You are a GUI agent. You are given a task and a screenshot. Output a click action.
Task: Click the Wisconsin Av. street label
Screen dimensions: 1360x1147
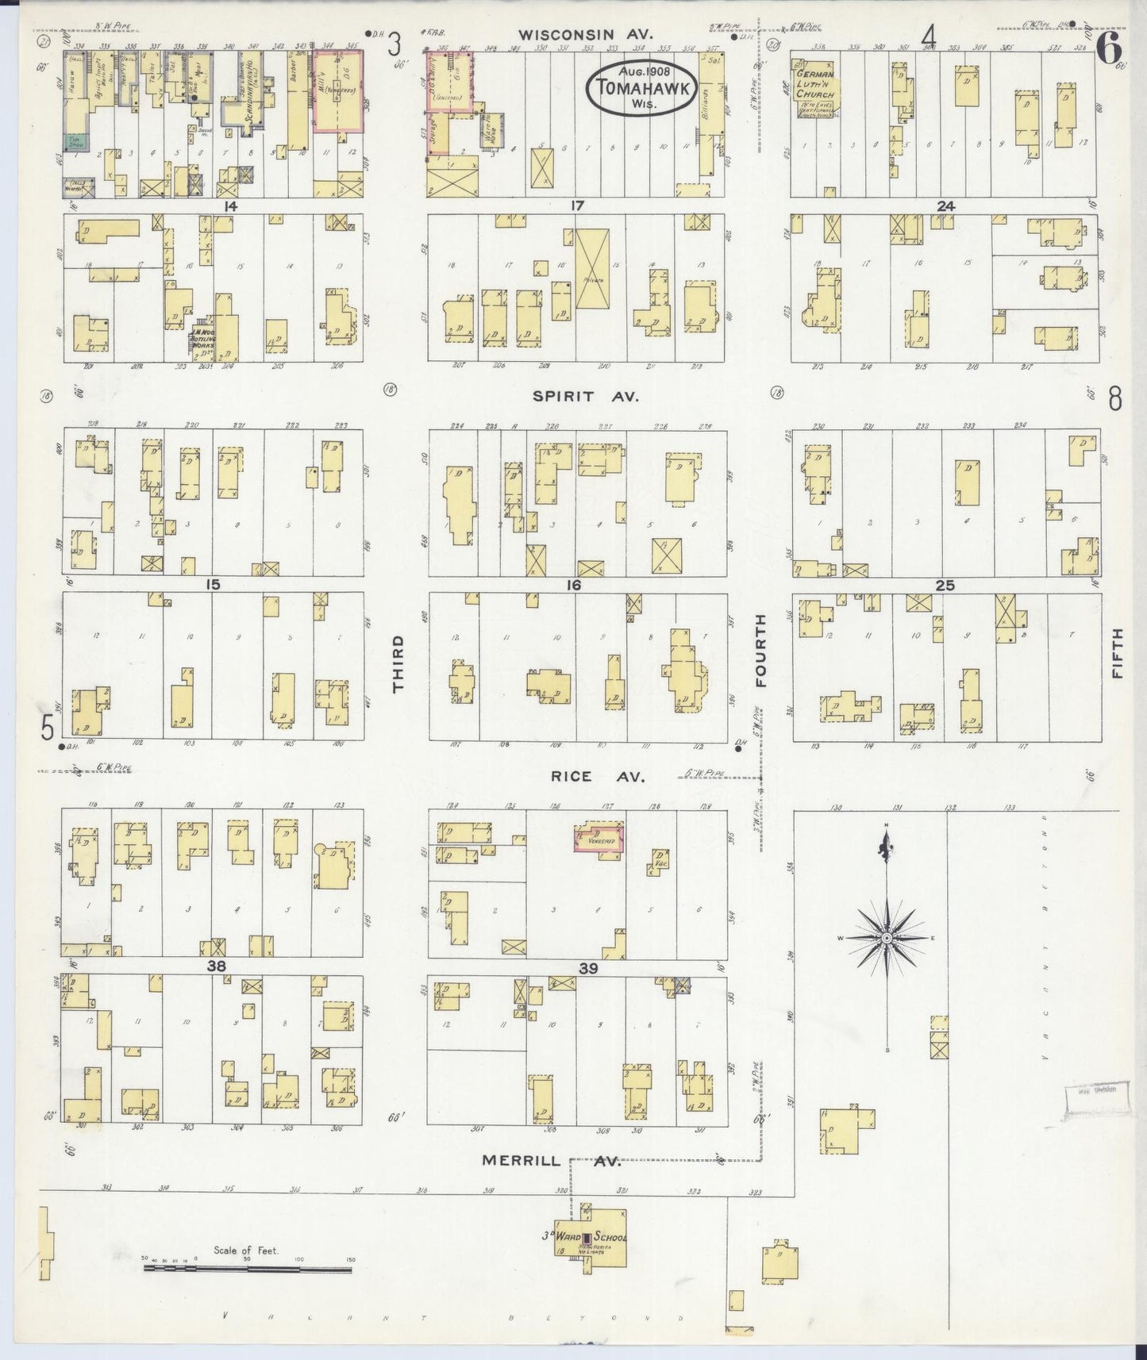pyautogui.click(x=585, y=34)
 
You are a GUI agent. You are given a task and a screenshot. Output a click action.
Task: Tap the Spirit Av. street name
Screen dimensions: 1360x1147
pyautogui.click(x=585, y=396)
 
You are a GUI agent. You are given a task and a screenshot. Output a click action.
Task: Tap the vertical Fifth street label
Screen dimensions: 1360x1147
pyautogui.click(x=1118, y=652)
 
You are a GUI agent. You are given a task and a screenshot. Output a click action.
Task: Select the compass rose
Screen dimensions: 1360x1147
pyautogui.click(x=886, y=938)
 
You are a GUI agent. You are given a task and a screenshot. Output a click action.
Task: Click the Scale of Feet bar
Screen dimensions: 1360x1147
pyautogui.click(x=248, y=1270)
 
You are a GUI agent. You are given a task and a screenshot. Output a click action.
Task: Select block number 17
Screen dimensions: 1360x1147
pyautogui.click(x=577, y=206)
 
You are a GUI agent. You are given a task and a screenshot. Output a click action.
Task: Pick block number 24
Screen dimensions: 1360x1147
pyautogui.click(x=945, y=206)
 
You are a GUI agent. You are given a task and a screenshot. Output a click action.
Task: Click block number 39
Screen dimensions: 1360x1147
pyautogui.click(x=588, y=968)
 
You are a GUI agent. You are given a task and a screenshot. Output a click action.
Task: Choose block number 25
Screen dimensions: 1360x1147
pyautogui.click(x=945, y=586)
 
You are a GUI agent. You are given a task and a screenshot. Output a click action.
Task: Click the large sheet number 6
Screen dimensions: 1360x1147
pyautogui.click(x=1109, y=49)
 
